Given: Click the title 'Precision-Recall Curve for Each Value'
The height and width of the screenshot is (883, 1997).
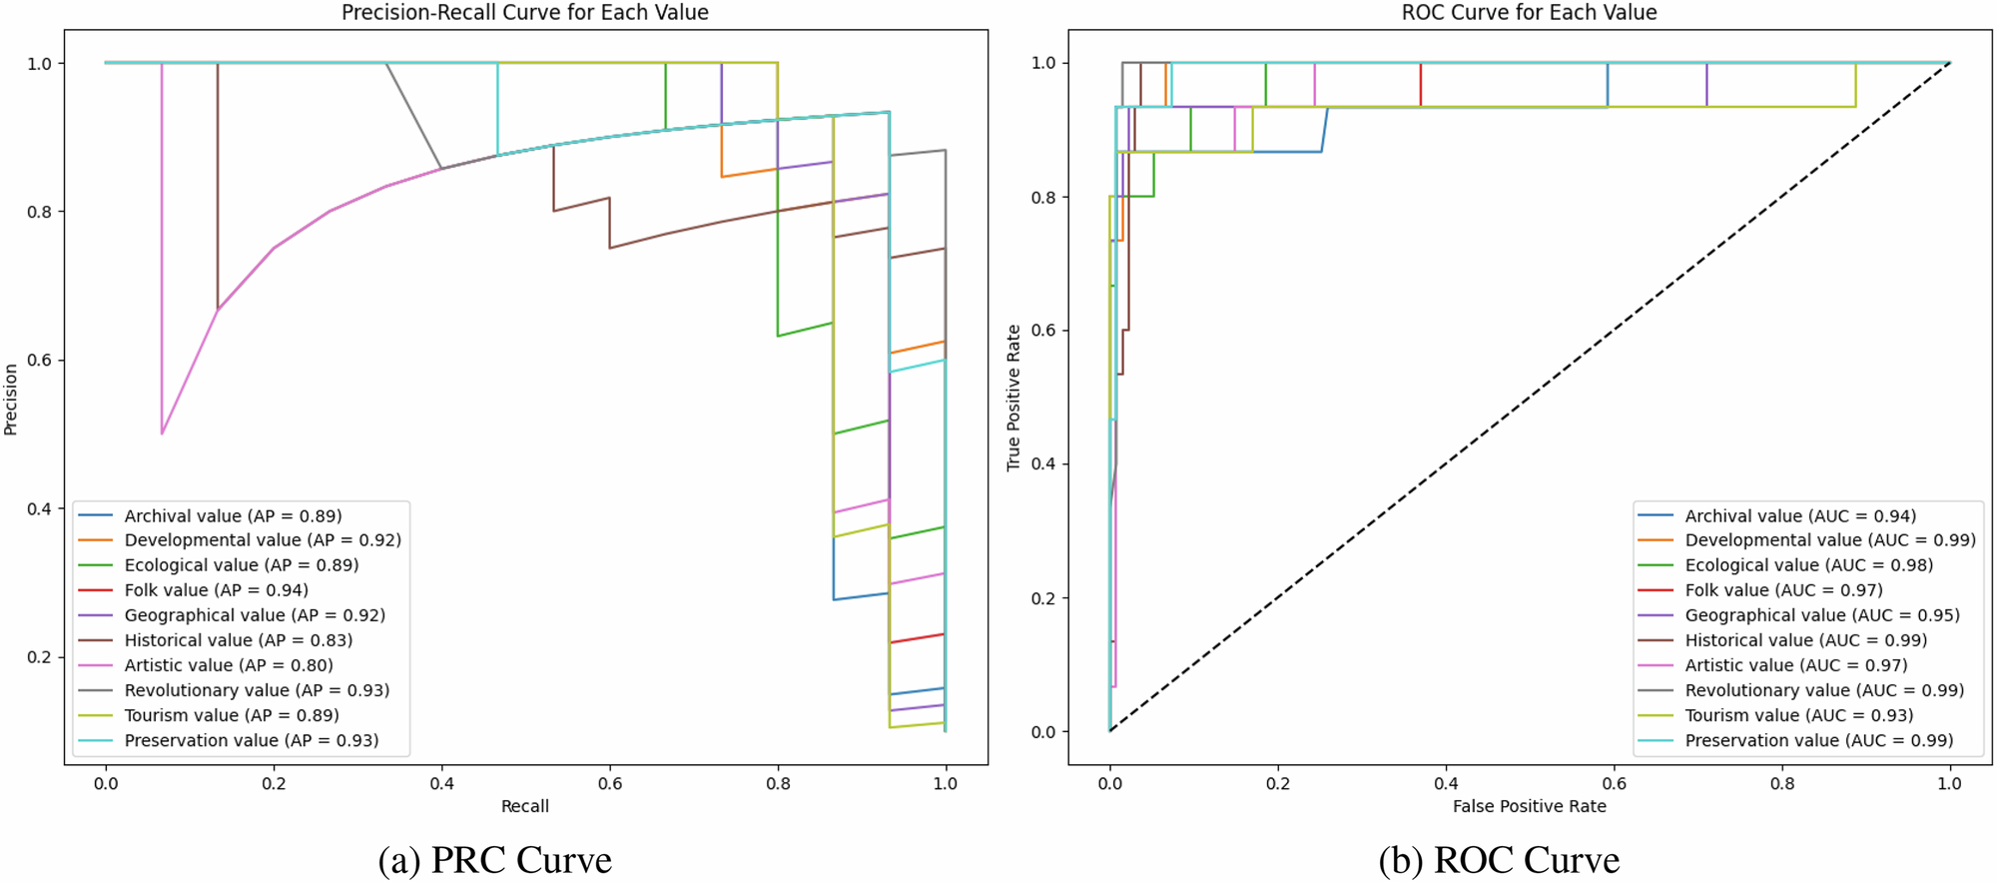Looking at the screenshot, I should click(x=524, y=13).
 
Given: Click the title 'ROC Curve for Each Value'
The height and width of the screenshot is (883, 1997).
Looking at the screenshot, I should click(x=1529, y=13).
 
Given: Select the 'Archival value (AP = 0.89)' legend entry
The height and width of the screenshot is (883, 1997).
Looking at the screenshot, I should click(x=233, y=515).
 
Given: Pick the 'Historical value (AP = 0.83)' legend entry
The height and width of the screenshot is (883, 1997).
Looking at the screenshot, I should click(x=238, y=640).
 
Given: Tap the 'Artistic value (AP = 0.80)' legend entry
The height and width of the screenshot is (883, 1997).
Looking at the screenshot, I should click(x=229, y=665).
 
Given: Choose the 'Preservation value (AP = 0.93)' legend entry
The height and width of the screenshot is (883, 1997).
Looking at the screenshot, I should click(x=251, y=740).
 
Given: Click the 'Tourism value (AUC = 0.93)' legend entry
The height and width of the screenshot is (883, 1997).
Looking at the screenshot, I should click(x=1798, y=715).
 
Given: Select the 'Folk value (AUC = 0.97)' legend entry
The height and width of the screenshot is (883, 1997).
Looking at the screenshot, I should click(x=1783, y=590).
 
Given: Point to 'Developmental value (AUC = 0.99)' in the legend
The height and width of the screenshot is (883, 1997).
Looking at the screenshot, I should click(x=1829, y=540).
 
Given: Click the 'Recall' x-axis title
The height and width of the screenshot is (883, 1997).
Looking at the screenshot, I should click(x=524, y=806).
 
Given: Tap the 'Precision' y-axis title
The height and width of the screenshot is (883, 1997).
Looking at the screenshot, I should click(x=11, y=400).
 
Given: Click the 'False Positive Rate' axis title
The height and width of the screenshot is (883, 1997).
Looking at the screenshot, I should click(x=1529, y=806).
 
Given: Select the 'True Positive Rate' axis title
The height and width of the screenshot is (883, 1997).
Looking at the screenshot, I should click(x=1013, y=398).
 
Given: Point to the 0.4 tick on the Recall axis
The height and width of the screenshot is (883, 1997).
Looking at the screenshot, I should click(x=441, y=784).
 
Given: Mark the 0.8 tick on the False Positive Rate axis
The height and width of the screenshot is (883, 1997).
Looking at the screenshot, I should click(x=1781, y=784).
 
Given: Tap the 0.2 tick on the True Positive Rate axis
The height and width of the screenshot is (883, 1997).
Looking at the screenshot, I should click(x=1042, y=598).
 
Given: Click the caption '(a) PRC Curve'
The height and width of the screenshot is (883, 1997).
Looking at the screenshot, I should click(x=494, y=860).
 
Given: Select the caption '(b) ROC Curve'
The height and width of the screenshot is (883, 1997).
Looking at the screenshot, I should click(x=1499, y=860).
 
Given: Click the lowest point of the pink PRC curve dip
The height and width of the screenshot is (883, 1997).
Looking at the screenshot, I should click(x=162, y=434).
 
